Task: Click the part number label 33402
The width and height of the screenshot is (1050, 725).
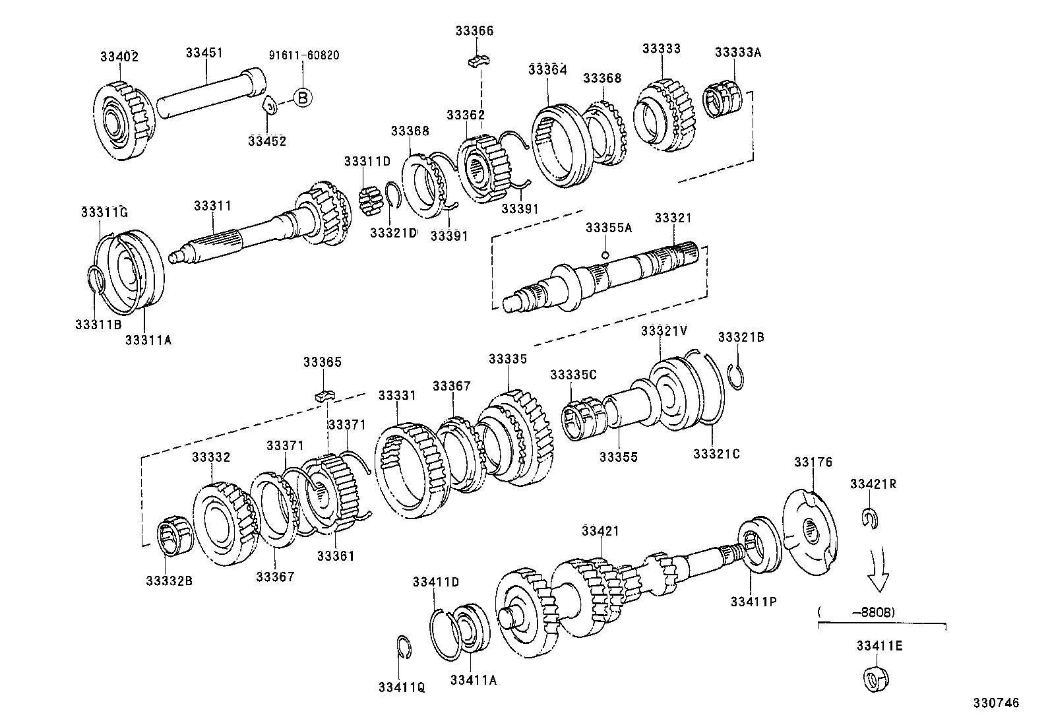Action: pos(119,57)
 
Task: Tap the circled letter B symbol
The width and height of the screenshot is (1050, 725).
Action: pos(302,98)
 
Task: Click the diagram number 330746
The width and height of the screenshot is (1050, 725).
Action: pos(996,703)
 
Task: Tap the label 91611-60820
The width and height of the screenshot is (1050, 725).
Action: pos(304,55)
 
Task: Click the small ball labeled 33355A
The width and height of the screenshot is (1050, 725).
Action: pos(605,255)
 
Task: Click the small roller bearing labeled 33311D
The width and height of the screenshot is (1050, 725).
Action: pos(371,200)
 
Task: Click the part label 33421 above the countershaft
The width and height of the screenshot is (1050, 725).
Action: pos(601,530)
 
